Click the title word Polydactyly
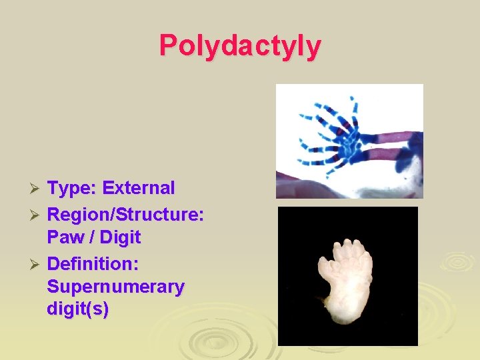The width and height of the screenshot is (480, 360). pyautogui.click(x=240, y=45)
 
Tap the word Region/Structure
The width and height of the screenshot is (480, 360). pyautogui.click(x=125, y=215)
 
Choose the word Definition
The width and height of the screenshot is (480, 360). pyautogui.click(x=93, y=264)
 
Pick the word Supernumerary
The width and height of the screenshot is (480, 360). pyautogui.click(x=115, y=287)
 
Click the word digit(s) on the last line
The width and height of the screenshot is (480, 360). pyautogui.click(x=78, y=310)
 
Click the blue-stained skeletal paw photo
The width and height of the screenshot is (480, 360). pyautogui.click(x=349, y=141)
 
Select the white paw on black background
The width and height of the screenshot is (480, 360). pyautogui.click(x=347, y=276)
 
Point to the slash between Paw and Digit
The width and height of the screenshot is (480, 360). pyautogui.click(x=93, y=237)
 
